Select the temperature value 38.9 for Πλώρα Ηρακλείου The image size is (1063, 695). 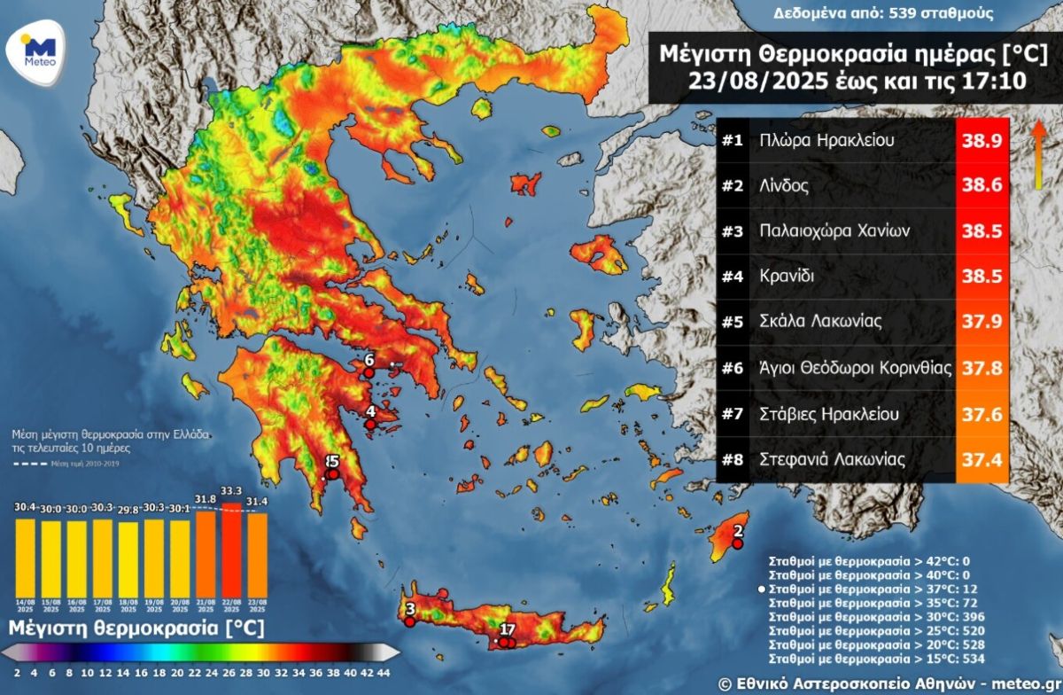coord(983,141)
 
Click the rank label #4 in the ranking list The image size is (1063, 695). coord(731,277)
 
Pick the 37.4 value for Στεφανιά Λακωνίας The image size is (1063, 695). coord(983,459)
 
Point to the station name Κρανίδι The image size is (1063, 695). coord(788,277)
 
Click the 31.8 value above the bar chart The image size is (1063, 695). coord(206,499)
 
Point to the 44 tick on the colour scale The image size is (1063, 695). coord(383,672)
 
